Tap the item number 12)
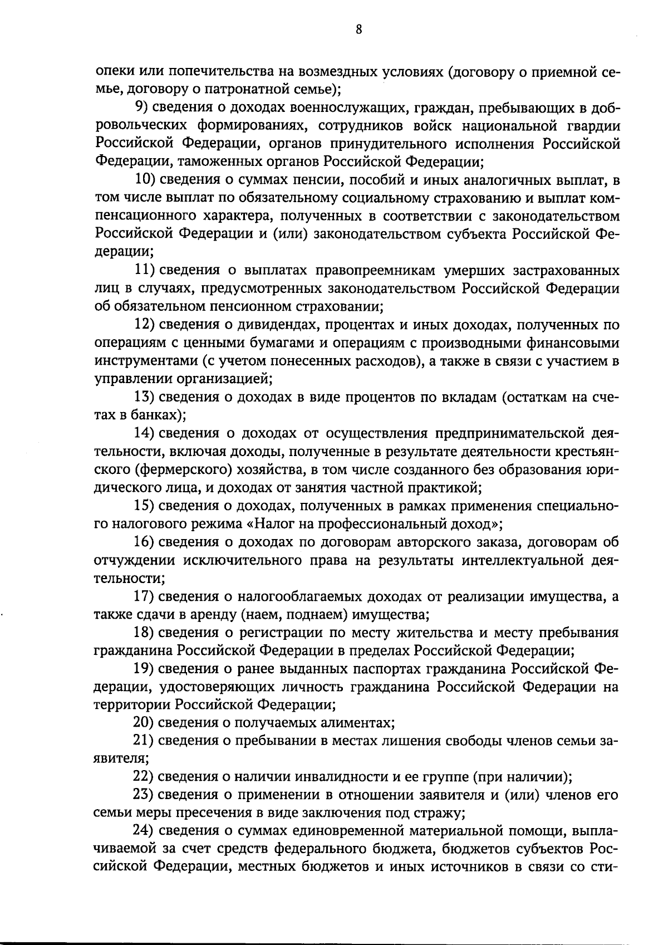point(145,325)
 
